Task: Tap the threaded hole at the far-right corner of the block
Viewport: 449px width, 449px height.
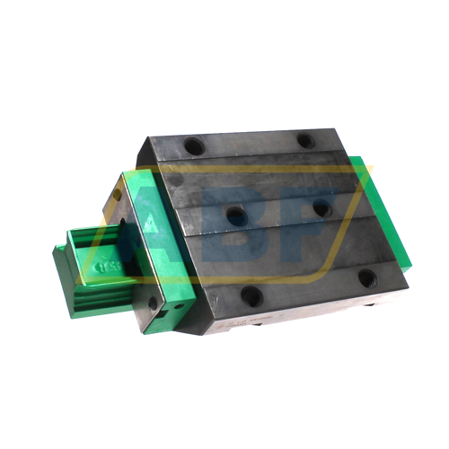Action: point(305,141)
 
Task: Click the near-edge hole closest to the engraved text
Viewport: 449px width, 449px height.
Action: point(252,295)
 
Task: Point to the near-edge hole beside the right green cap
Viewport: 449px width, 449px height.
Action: point(368,278)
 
